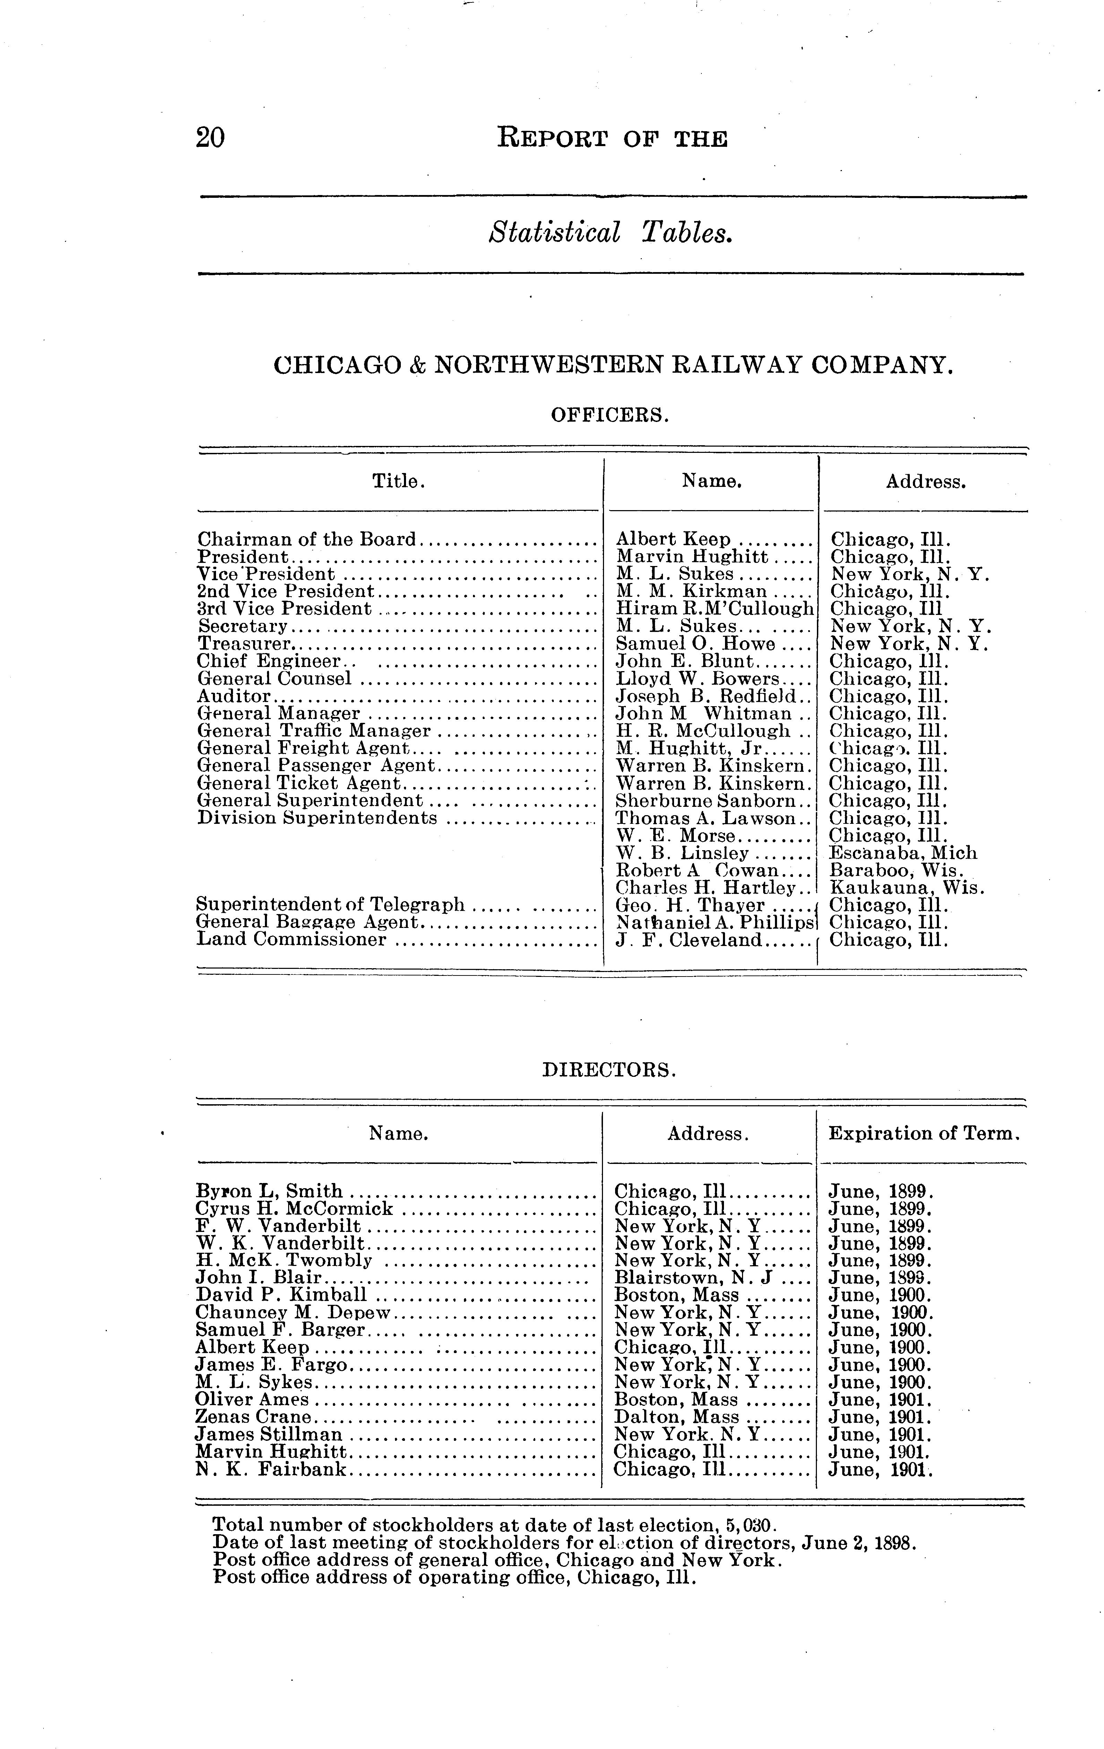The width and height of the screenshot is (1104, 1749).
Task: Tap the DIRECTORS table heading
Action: (610, 1070)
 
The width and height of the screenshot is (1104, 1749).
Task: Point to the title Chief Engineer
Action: (269, 661)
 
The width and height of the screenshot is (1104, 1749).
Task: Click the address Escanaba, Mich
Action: (903, 853)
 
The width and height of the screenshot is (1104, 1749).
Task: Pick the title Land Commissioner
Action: (292, 940)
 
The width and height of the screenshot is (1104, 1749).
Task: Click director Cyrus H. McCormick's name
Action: (295, 1209)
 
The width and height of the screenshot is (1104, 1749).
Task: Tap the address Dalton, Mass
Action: (676, 1417)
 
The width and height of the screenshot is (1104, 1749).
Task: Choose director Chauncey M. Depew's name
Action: (293, 1312)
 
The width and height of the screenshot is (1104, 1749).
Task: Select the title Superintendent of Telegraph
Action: (330, 905)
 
